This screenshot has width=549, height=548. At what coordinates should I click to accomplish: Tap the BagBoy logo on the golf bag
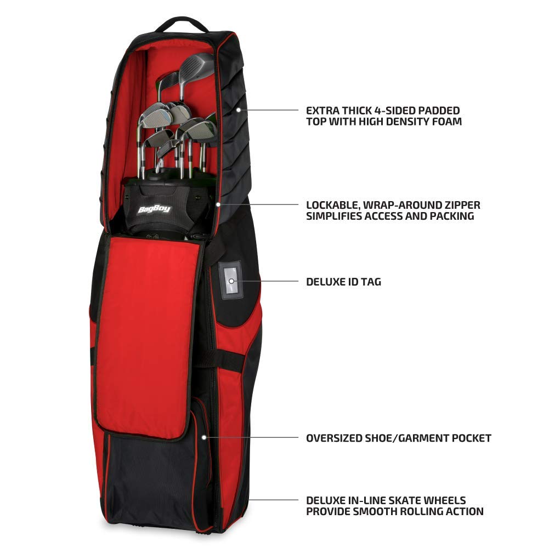pos(154,209)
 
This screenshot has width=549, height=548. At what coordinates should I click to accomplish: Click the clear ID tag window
pos(231,280)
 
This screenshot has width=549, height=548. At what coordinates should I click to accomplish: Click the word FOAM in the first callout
pos(446,122)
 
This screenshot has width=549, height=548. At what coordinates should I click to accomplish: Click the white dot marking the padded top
pos(239,110)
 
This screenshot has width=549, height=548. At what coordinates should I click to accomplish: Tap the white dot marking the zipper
pos(218,204)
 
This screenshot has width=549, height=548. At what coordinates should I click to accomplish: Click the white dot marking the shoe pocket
pos(204,437)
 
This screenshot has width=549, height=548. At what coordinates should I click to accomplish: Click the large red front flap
pos(147,336)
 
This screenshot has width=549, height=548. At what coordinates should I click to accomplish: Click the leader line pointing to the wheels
pos(274,500)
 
